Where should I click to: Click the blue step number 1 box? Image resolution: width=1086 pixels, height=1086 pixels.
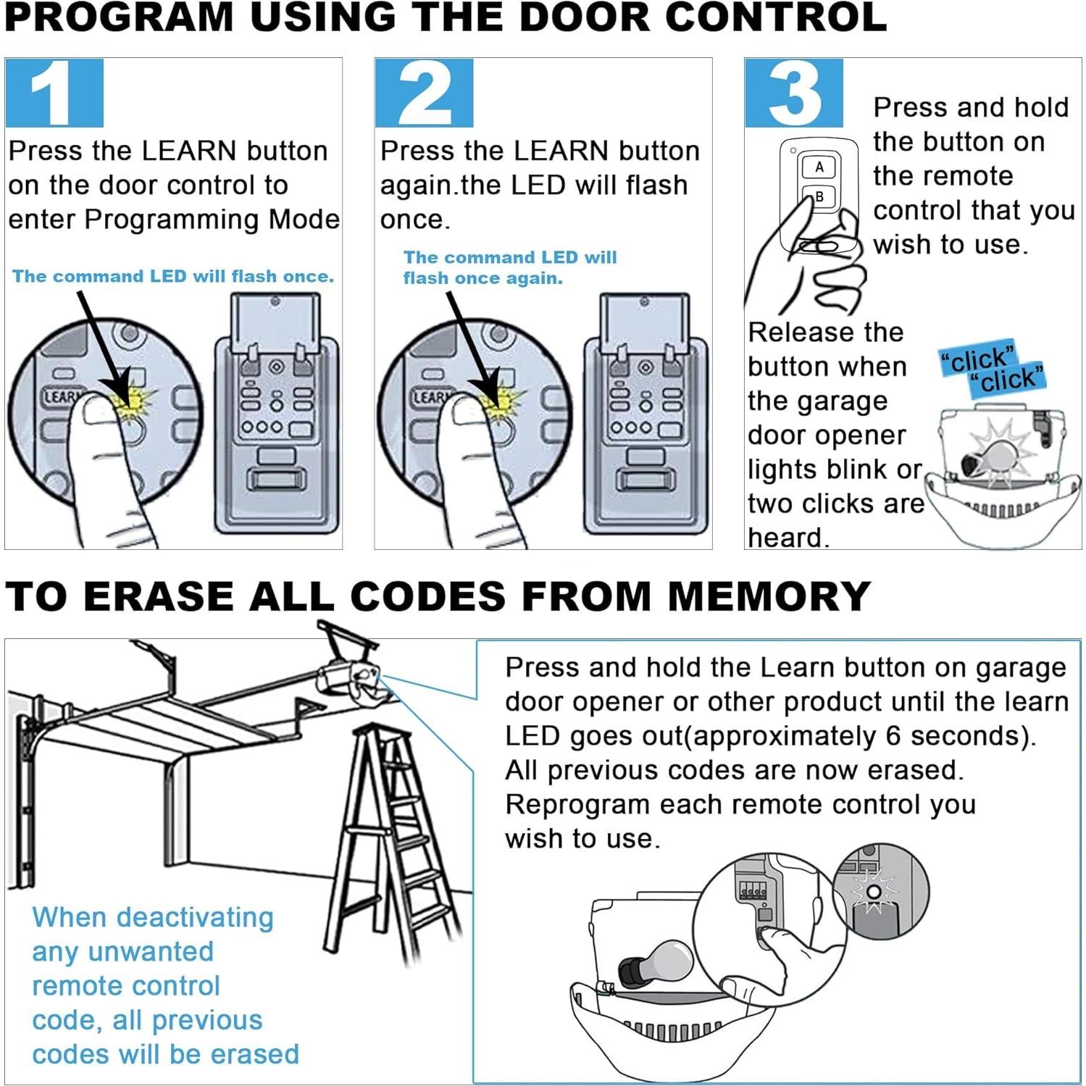point(54,93)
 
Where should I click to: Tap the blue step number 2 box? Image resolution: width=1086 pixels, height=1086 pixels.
point(424,93)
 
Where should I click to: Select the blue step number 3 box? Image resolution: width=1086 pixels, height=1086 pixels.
point(794,93)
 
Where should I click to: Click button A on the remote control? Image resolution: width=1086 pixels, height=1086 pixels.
point(819,167)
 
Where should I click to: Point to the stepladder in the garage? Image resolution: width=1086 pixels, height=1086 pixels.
point(395,840)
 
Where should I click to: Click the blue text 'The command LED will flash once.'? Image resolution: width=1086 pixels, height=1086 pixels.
point(172,276)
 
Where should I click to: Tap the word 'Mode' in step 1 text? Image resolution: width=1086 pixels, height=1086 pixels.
point(311,219)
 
